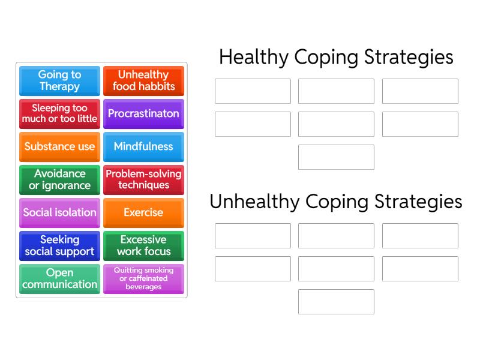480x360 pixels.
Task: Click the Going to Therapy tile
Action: tap(59, 80)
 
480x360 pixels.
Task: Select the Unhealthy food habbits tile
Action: tap(143, 80)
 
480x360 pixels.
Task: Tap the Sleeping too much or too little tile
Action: tap(59, 113)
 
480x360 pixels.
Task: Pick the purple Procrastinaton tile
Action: tap(143, 113)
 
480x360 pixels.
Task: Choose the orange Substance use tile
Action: tap(59, 146)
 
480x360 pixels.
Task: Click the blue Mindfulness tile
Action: tap(143, 146)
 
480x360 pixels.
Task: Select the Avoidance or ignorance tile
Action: tap(59, 179)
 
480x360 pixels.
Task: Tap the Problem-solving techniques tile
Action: tap(143, 179)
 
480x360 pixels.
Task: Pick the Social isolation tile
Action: tap(59, 212)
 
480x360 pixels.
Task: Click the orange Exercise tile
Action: tap(143, 212)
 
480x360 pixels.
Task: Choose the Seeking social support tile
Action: tap(59, 245)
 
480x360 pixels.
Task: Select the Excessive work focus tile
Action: tap(143, 245)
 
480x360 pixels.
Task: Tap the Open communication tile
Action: tap(59, 278)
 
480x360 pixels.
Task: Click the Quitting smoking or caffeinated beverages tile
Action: tap(143, 278)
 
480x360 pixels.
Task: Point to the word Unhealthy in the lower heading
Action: tap(254, 202)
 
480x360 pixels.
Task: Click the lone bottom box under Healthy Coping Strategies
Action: tap(336, 157)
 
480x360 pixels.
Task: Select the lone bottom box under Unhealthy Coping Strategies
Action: tap(336, 302)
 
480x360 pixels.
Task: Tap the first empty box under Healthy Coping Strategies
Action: tap(253, 91)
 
